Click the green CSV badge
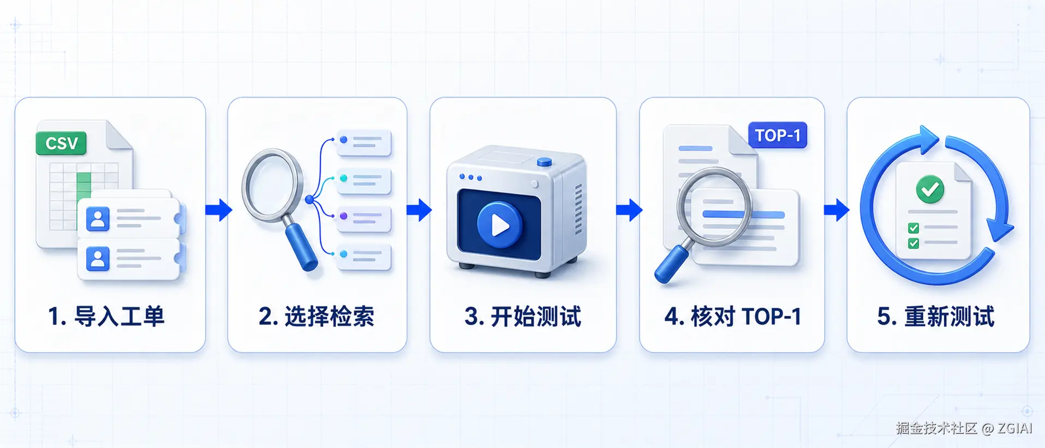[x=61, y=143]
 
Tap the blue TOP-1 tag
[x=777, y=135]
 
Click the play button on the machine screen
[x=499, y=224]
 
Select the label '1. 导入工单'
[x=106, y=316]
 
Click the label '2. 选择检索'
[x=317, y=316]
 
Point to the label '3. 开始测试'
[x=523, y=316]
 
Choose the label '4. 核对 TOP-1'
[x=733, y=316]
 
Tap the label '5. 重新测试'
[x=936, y=316]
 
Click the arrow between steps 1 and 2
[x=219, y=210]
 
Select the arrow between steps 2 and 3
[x=419, y=210]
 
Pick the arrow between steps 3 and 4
[x=629, y=210]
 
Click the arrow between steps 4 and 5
[x=837, y=210]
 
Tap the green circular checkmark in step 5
[x=930, y=189]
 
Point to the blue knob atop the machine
[x=544, y=162]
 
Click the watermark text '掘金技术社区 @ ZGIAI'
[x=964, y=428]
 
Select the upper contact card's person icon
[x=98, y=219]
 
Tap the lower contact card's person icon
[x=98, y=259]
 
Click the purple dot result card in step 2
[x=364, y=218]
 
